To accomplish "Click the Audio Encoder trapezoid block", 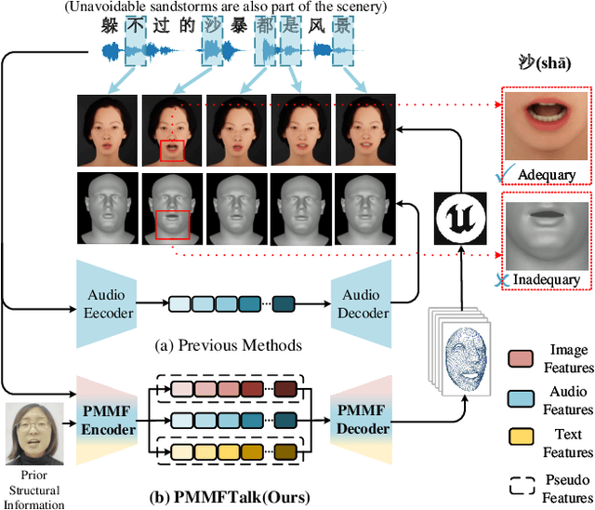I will click(109, 303).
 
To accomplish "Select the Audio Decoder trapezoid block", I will click(364, 303).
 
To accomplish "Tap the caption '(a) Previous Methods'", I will click(228, 345).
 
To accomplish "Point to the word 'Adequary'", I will click(545, 174).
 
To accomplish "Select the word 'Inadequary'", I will click(548, 279).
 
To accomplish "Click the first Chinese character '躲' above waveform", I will click(111, 26).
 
